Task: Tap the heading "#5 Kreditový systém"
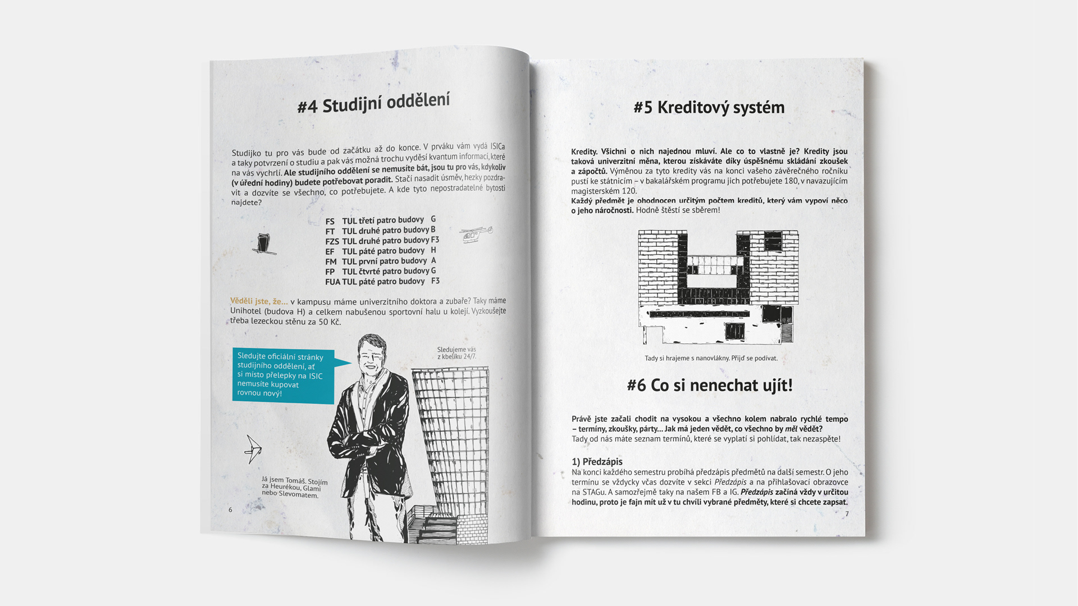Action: click(x=709, y=107)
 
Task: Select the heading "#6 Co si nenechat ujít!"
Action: click(x=710, y=385)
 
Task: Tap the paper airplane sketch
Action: click(x=253, y=449)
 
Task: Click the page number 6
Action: click(x=230, y=509)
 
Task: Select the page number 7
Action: click(x=847, y=514)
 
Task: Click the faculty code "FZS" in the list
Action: click(x=332, y=242)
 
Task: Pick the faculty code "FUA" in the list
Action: click(x=332, y=282)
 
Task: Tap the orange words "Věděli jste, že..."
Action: click(x=259, y=301)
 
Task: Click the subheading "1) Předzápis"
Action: click(x=597, y=462)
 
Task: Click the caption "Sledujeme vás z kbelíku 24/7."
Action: click(x=456, y=353)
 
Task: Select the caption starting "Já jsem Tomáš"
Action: click(x=294, y=487)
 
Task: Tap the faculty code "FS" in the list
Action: click(x=330, y=222)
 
